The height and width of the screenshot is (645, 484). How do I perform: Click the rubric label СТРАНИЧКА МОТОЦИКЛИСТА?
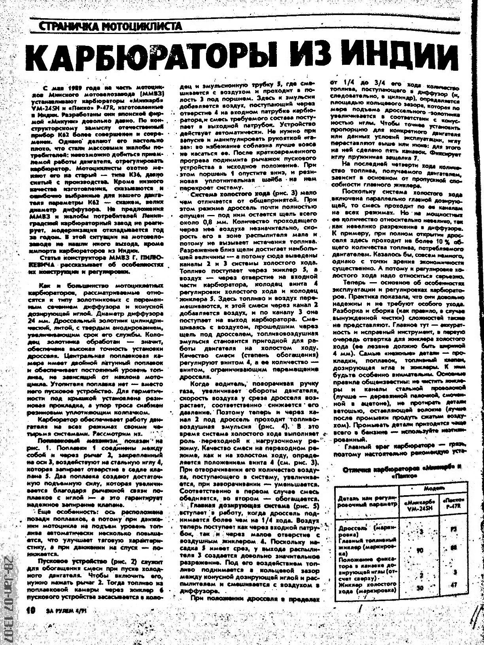pos(111,27)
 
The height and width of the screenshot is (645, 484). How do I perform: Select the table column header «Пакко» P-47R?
pos(454,505)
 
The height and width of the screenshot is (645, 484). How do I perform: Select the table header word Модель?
pos(434,488)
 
